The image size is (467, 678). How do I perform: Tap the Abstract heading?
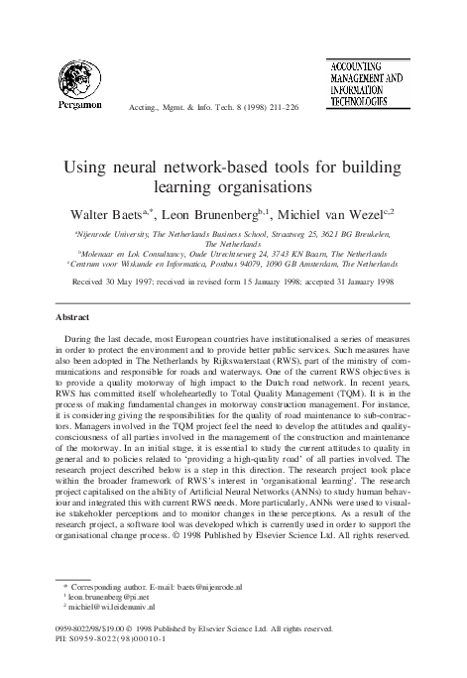pyautogui.click(x=72, y=318)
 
